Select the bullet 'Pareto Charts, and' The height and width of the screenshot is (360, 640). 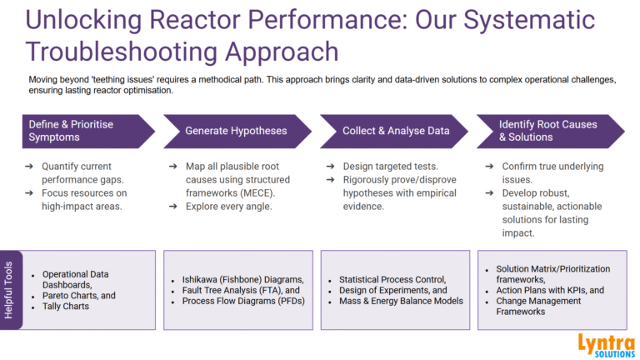79,296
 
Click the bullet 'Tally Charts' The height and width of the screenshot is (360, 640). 68,306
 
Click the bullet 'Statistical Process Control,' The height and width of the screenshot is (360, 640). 392,280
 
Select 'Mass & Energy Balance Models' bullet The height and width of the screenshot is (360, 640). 401,301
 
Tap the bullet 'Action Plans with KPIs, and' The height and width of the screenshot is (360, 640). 550,290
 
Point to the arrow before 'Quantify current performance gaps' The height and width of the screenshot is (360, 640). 27,166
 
